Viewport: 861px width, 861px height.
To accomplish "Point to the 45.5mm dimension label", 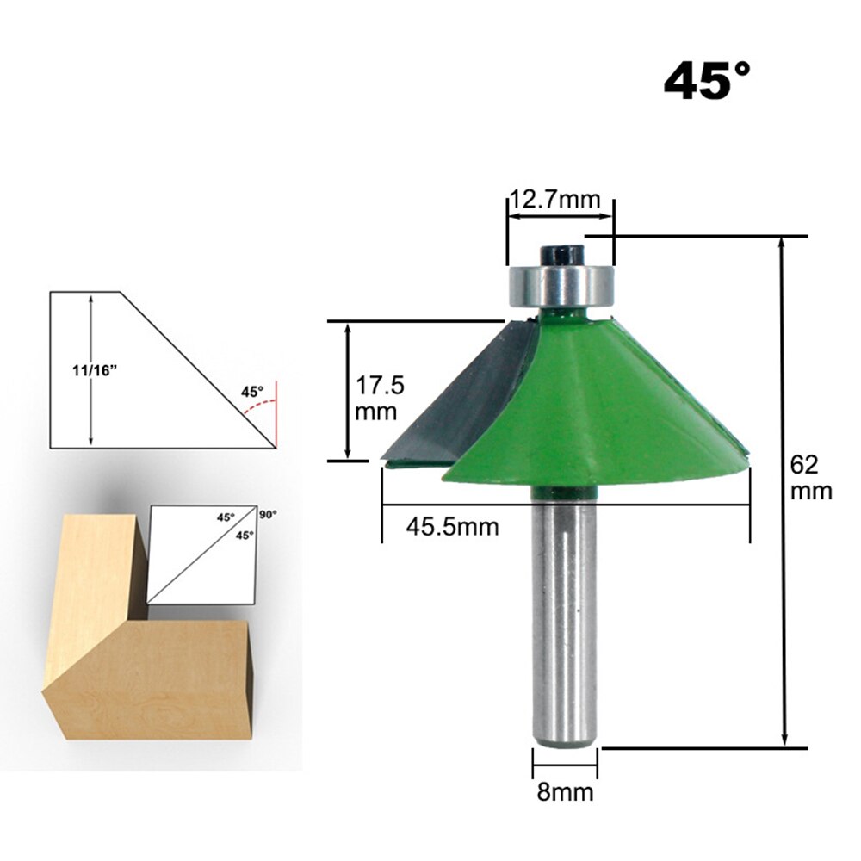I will pyautogui.click(x=452, y=526).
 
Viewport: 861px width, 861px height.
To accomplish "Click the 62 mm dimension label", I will pyautogui.click(x=811, y=477).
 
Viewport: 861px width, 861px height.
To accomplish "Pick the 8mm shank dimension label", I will pyautogui.click(x=565, y=791).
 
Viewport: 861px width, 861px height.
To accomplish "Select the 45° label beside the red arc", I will pyautogui.click(x=251, y=391).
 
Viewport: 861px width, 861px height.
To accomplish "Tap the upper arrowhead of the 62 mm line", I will pyautogui.click(x=783, y=244).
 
